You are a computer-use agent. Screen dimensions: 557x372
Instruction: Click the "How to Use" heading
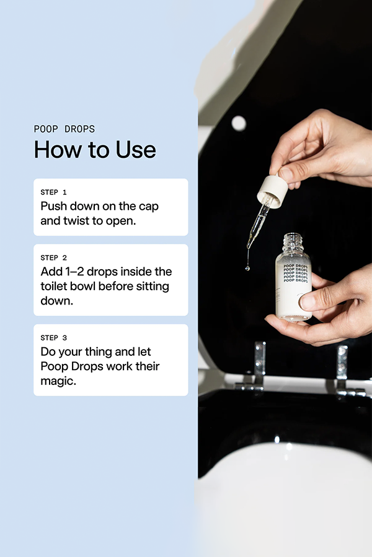pos(95,150)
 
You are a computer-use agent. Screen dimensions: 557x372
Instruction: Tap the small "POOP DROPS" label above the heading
pos(64,129)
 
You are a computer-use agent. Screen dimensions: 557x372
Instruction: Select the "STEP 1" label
pos(53,192)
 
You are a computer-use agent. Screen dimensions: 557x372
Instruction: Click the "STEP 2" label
pos(53,257)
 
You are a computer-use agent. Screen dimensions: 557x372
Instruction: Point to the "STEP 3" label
pos(53,338)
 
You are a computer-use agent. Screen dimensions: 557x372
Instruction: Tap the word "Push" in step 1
pos(54,206)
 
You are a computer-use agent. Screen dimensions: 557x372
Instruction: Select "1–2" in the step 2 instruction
pos(79,272)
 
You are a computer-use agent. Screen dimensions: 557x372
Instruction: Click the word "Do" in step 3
pos(48,352)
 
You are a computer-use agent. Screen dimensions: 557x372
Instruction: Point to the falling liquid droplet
pos(247,267)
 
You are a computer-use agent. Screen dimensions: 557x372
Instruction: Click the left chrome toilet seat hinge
pos(258,368)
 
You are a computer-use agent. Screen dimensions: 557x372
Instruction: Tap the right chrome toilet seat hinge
pos(342,370)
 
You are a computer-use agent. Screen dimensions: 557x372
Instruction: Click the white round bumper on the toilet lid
pos(239,123)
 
